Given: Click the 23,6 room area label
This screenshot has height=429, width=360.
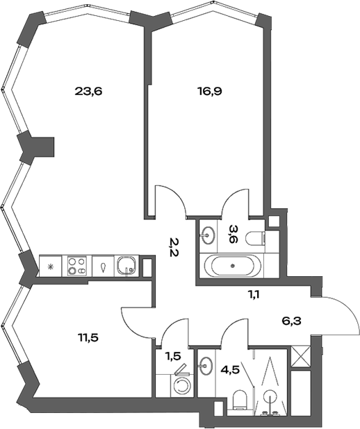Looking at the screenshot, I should coord(88,90).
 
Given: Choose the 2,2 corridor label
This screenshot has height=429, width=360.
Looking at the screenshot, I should coord(174,246).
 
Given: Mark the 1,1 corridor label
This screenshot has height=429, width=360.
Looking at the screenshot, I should coord(254,294).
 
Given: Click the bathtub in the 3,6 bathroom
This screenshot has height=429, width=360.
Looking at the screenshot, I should coord(231,266).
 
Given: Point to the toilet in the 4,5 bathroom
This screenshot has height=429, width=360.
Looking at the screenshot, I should coord(240,398).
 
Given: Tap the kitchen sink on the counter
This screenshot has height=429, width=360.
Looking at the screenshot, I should coord(126,265).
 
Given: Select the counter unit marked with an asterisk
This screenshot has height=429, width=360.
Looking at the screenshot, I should coord(50,267).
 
